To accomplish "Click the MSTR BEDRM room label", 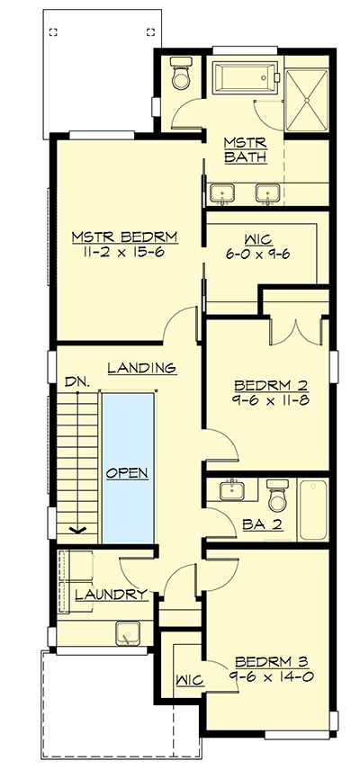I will [x=124, y=237].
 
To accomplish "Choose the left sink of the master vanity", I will [x=221, y=192].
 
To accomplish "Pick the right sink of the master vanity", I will [x=265, y=192].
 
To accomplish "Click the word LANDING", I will [x=140, y=367].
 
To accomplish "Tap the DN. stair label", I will [x=76, y=382].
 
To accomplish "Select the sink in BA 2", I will [x=231, y=491].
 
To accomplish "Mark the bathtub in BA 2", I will [x=312, y=509].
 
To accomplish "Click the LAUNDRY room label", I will [x=111, y=595].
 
